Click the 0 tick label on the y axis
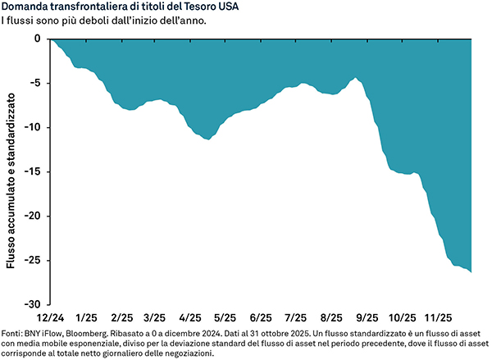pos(37,39)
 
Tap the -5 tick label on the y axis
pos(35,83)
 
